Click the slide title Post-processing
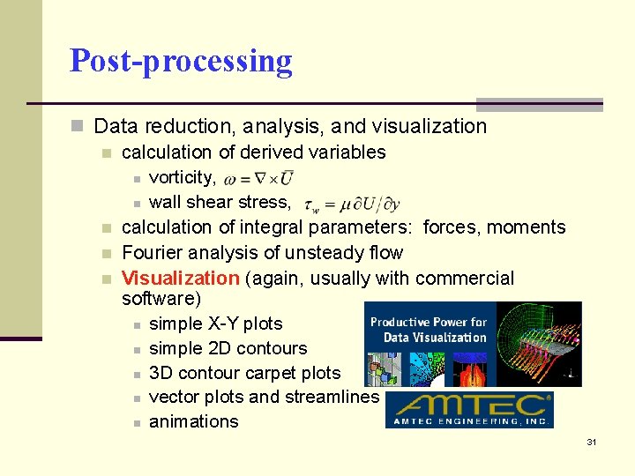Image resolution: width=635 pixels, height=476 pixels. pyautogui.click(x=181, y=61)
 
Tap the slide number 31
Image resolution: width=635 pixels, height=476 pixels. pyautogui.click(x=592, y=442)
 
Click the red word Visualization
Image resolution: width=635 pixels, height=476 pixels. pyautogui.click(x=180, y=279)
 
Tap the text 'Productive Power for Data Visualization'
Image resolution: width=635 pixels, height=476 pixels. pyautogui.click(x=429, y=330)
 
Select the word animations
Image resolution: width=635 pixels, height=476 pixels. pyautogui.click(x=194, y=421)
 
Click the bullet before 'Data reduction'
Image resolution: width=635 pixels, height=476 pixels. pyautogui.click(x=79, y=127)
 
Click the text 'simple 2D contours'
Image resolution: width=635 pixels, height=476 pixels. pyautogui.click(x=228, y=348)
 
